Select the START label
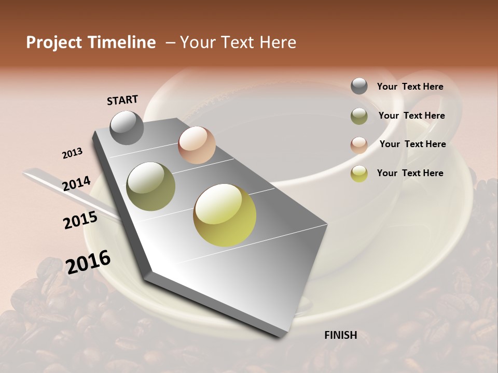(x=122, y=100)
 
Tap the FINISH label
(x=340, y=335)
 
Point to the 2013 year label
(x=73, y=153)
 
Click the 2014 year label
(x=77, y=183)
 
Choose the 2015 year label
(x=80, y=220)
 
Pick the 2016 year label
(x=88, y=262)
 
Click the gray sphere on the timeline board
(x=127, y=127)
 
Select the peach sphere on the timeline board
(x=197, y=145)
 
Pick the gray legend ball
(x=359, y=86)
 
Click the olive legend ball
(x=359, y=116)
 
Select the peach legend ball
(x=359, y=145)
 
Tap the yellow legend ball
(x=359, y=174)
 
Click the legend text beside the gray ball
(x=410, y=87)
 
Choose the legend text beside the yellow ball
(x=410, y=173)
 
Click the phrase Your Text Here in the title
(x=238, y=42)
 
